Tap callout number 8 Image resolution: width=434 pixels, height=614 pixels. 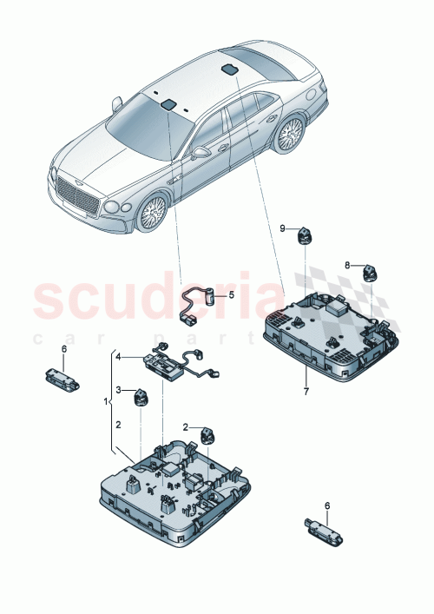tap(347, 266)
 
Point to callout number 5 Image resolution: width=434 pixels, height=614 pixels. tap(231, 294)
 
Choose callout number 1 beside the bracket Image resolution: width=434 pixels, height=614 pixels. tap(107, 404)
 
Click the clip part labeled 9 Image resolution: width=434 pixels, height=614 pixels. tap(306, 235)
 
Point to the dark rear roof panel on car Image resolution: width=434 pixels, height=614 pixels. tap(230, 68)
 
